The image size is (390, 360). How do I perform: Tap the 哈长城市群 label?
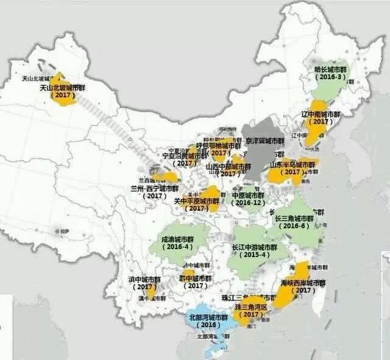click(330, 70)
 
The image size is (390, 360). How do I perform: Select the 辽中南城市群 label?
click(321, 114)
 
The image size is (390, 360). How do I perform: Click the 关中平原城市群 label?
click(197, 200)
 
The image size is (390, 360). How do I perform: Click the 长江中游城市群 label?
click(255, 247)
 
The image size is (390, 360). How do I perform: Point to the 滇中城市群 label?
click(144, 279)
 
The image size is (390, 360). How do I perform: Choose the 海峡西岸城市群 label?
click(303, 283)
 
